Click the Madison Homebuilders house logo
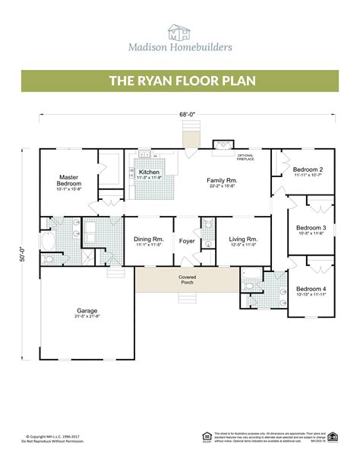pos(179,31)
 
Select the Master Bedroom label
pos(69,180)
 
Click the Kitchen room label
pos(150,173)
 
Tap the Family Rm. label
pos(222,179)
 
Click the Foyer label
pos(187,242)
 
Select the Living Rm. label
pos(242,239)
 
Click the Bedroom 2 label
pos(309,170)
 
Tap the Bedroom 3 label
pos(311,227)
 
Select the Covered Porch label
pos(188,280)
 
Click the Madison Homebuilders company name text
pos(180,49)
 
